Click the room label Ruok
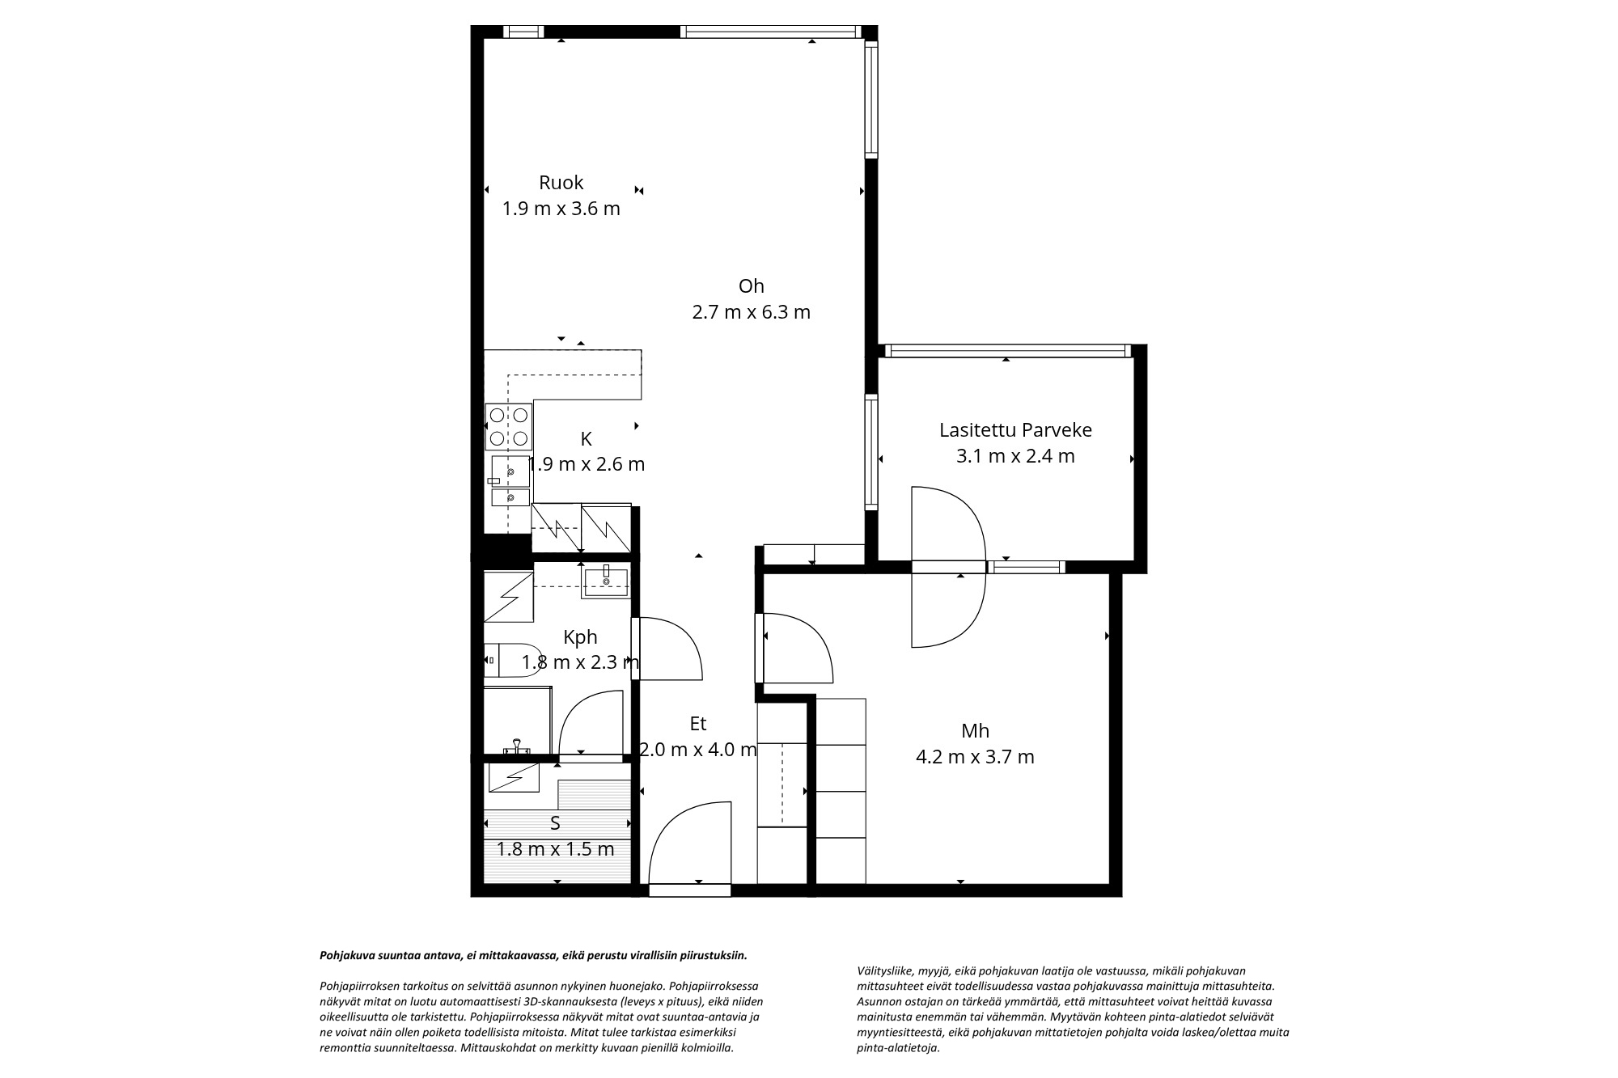coord(561,183)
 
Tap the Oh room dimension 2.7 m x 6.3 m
coord(752,312)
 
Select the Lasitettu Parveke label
coord(1015,430)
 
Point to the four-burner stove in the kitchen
coord(509,426)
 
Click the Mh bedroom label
coord(976,731)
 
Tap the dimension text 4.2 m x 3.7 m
coord(975,758)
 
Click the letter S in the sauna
coord(555,823)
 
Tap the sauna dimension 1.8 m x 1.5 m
coord(555,849)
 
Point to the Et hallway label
coord(698,724)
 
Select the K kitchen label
coord(587,439)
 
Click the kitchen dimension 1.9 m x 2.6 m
coord(587,465)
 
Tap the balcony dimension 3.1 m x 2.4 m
coord(1015,456)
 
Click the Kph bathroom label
coord(580,637)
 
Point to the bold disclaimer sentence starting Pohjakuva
coord(534,955)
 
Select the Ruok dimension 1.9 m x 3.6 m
coord(561,209)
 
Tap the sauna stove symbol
coord(514,778)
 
